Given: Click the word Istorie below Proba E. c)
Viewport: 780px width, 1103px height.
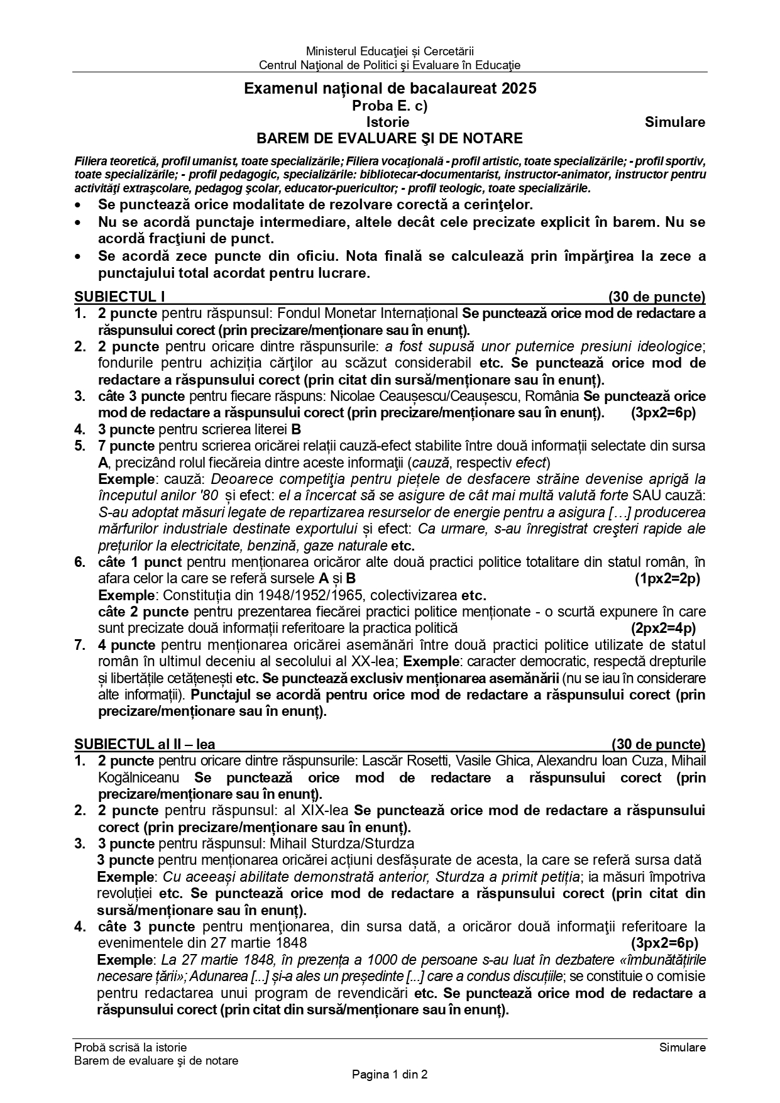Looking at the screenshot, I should point(388,122).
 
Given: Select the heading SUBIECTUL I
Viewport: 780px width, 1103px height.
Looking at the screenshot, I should point(119,297).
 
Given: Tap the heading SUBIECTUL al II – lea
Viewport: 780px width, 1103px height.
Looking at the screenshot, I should point(145,745).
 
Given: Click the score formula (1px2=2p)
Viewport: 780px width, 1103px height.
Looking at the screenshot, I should point(667,578).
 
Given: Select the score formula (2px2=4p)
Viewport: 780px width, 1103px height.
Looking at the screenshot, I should point(663,628).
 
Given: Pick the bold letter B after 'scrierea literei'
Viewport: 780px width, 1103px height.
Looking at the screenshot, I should point(296,430).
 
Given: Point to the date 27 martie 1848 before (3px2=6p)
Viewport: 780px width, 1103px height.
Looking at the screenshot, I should point(263,943).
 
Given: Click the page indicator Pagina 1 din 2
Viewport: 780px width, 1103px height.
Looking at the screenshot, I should point(390,1075).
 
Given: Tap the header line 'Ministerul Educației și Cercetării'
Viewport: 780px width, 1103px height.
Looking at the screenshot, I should point(390,51).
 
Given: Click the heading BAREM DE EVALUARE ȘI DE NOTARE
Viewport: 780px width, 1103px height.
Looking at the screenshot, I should point(389,138).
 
